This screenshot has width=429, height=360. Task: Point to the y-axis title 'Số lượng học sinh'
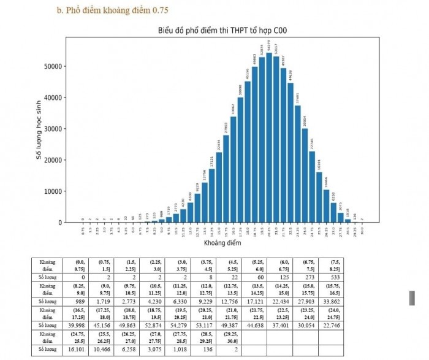coord(39,129)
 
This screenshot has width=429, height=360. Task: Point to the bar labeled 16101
coord(319,197)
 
